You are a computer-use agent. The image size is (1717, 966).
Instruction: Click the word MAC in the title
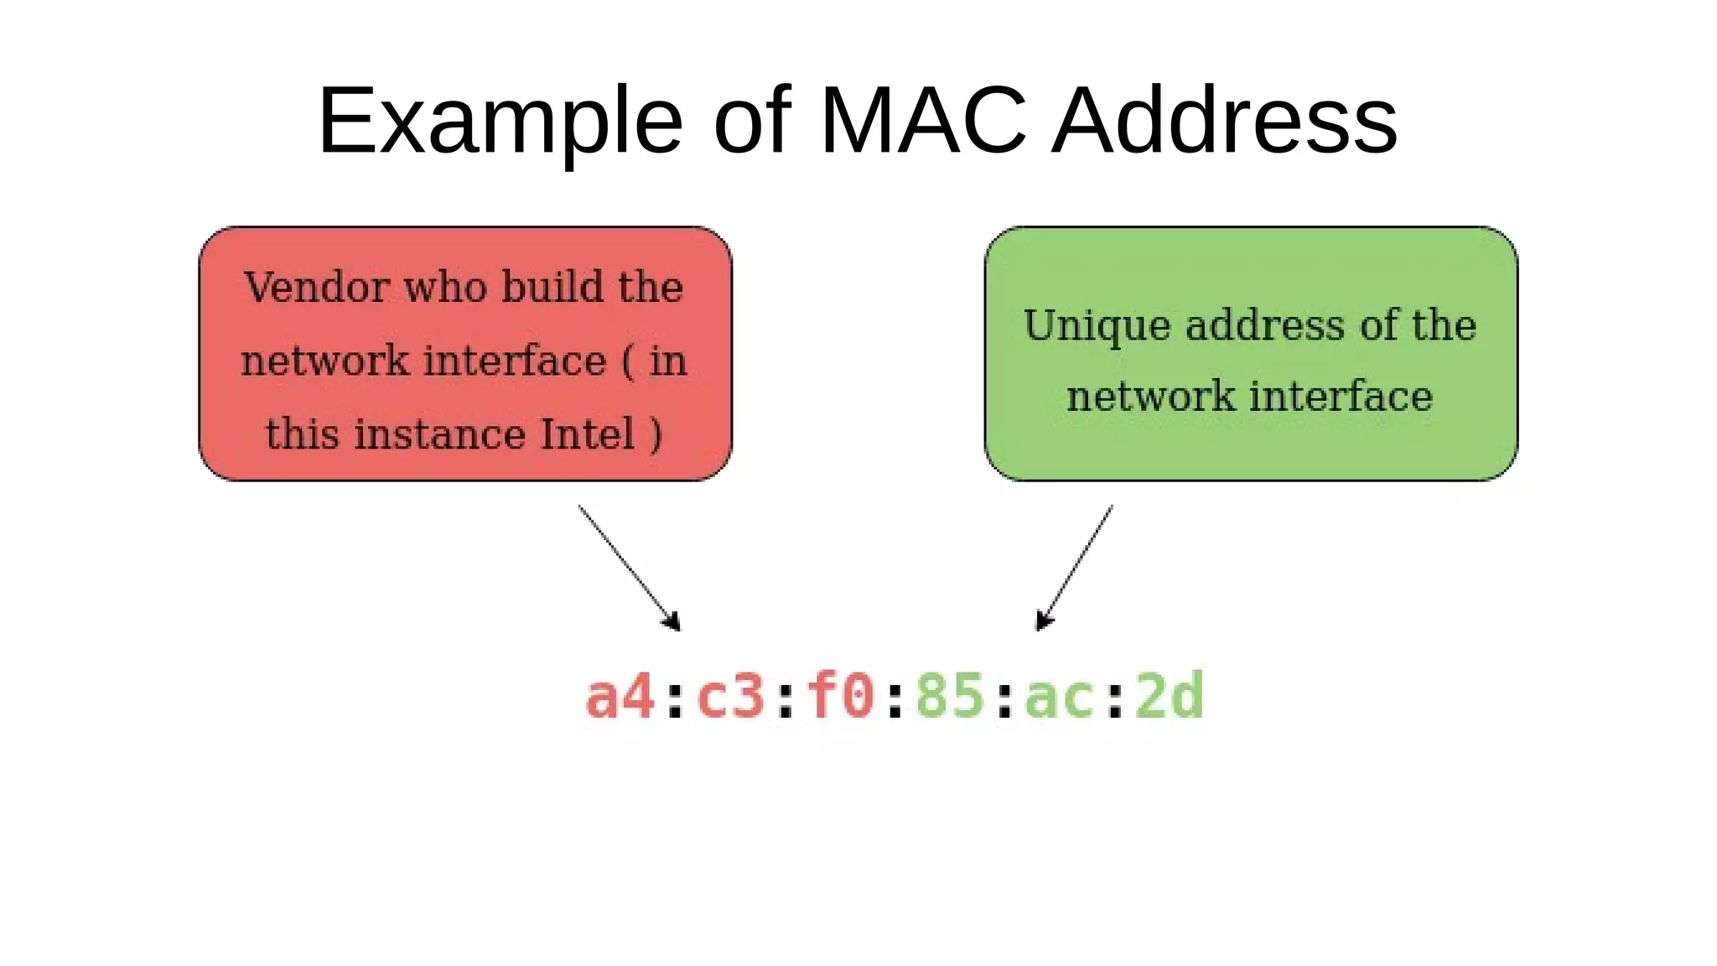(923, 122)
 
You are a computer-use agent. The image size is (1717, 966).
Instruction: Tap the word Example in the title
(500, 122)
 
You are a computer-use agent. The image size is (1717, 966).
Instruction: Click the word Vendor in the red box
(317, 287)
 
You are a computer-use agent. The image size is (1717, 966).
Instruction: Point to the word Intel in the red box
(587, 434)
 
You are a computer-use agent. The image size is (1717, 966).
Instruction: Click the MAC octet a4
(620, 697)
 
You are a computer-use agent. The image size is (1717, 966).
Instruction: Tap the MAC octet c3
(730, 697)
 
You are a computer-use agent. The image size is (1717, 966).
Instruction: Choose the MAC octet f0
(840, 697)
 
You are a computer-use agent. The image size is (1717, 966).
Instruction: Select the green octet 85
(950, 697)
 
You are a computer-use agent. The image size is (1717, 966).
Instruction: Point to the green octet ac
(1060, 697)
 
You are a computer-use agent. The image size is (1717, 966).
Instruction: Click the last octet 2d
(1170, 697)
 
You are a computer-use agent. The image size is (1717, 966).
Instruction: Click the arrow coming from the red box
(629, 568)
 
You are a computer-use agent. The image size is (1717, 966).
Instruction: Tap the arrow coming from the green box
(1075, 568)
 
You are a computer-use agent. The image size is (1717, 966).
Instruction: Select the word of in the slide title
(751, 122)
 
